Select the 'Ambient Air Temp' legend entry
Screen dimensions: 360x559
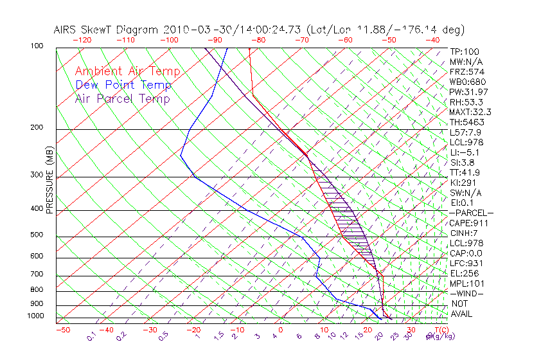click(x=127, y=71)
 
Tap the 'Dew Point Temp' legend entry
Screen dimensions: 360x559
click(x=123, y=85)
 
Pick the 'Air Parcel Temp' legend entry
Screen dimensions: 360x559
click(x=122, y=98)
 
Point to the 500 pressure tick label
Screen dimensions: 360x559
click(x=37, y=235)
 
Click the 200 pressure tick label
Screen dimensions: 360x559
click(x=37, y=128)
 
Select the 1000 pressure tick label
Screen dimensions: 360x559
click(x=35, y=316)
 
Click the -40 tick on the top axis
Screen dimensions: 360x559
click(x=433, y=39)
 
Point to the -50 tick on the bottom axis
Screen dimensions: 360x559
click(x=62, y=330)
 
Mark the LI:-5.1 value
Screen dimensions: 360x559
click(x=465, y=152)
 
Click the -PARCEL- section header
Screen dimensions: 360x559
click(x=471, y=213)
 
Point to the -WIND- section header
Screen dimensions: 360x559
click(x=467, y=294)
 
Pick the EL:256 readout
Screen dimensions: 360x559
click(x=463, y=273)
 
